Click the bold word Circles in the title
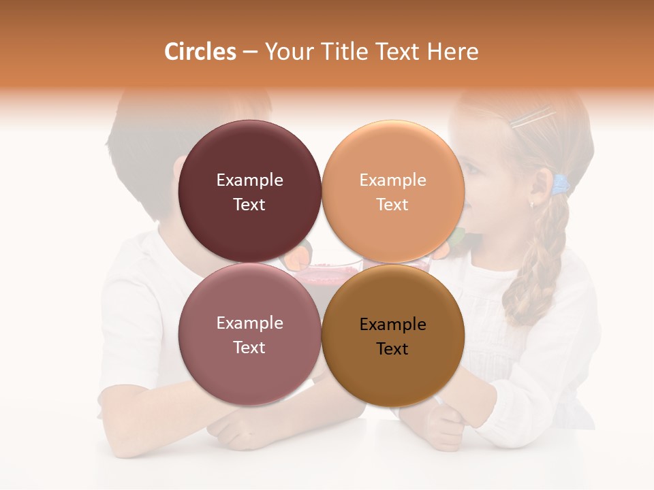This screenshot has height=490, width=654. [200, 52]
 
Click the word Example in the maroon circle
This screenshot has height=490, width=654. [249, 180]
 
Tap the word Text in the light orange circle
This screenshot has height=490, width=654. [392, 205]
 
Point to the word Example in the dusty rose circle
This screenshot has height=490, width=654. [249, 323]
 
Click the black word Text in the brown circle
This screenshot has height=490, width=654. [392, 349]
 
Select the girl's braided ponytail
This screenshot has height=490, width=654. [542, 265]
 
